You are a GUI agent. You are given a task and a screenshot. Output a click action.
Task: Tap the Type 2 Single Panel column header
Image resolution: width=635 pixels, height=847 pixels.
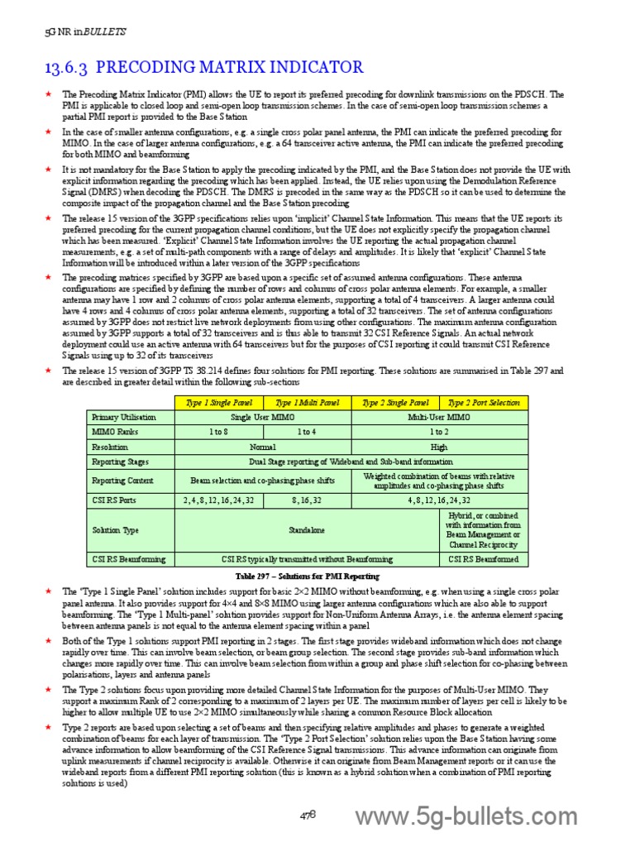[395, 403]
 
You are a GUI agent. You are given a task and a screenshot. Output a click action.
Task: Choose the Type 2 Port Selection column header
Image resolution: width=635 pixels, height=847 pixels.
[483, 403]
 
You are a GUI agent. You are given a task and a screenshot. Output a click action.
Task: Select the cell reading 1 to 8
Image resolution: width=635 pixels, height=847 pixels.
[218, 432]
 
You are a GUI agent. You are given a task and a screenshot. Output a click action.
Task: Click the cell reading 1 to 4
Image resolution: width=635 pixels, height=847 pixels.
[307, 432]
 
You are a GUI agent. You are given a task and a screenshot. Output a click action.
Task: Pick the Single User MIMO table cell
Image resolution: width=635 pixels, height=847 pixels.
[263, 418]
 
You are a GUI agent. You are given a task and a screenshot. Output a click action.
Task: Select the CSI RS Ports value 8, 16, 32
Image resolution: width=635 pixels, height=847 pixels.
[307, 500]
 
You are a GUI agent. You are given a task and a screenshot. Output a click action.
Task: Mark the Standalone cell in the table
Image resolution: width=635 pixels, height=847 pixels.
[307, 529]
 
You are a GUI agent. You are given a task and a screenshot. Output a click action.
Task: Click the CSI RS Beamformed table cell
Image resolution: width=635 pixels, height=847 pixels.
[483, 559]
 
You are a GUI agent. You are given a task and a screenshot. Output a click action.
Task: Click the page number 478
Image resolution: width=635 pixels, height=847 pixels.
[308, 815]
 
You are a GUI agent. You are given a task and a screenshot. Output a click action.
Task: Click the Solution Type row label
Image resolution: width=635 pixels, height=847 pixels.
[115, 529]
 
